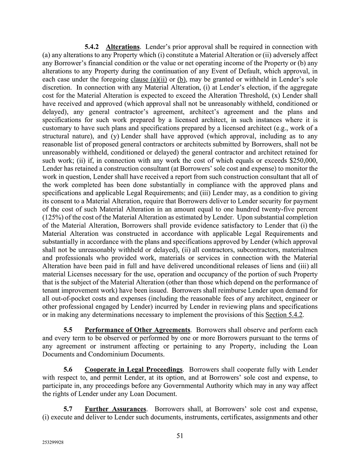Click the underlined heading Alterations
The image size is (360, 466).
click(123, 47)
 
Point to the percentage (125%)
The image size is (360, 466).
click(53, 217)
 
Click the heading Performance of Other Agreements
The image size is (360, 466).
click(137, 330)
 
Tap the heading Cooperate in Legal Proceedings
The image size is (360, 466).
click(133, 370)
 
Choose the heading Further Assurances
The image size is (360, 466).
click(115, 409)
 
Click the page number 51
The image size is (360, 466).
click(180, 436)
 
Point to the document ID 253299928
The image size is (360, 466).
click(53, 443)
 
